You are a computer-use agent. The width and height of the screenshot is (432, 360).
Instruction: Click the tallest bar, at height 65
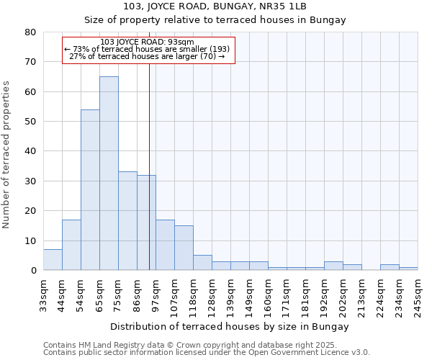[109, 173]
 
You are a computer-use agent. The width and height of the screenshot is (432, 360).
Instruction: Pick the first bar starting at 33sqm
[53, 260]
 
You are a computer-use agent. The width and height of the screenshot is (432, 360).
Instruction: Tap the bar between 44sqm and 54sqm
[71, 245]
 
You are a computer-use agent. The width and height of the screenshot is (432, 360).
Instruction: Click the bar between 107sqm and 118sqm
[184, 248]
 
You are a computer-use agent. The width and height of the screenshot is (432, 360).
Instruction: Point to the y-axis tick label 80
[30, 32]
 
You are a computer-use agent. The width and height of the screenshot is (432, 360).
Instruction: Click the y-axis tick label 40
[30, 151]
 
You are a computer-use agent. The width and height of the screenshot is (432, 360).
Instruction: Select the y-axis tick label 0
[33, 271]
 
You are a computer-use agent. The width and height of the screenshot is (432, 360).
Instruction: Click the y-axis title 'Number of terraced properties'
[6, 154]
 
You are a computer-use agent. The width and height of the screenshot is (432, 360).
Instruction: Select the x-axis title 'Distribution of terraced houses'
[230, 327]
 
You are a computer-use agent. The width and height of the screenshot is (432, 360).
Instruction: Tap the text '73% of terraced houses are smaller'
[147, 50]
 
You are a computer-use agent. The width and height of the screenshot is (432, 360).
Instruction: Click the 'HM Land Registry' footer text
[100, 345]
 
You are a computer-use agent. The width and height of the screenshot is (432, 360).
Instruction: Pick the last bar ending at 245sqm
[408, 269]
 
